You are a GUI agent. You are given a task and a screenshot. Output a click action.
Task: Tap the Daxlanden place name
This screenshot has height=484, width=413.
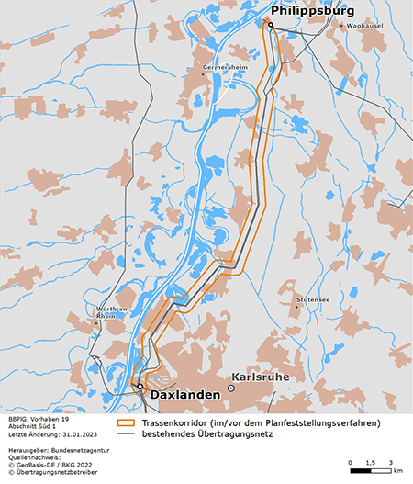tap(184, 394)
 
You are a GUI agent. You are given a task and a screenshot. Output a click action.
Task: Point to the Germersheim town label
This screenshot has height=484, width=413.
tap(226, 69)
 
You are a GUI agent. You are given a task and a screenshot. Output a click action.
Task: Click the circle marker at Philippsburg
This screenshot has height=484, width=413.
tap(271, 25)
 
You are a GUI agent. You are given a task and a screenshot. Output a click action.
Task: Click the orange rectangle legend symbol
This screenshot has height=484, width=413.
tap(127, 423)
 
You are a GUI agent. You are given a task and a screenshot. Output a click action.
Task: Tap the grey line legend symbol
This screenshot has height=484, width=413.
tap(127, 434)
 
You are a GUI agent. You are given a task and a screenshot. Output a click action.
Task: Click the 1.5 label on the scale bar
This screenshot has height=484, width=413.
tap(370, 461)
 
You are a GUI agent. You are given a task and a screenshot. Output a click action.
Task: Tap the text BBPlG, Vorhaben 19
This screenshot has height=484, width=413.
tap(38, 418)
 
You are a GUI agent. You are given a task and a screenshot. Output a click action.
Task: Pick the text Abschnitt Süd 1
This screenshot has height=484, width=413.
tap(32, 426)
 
